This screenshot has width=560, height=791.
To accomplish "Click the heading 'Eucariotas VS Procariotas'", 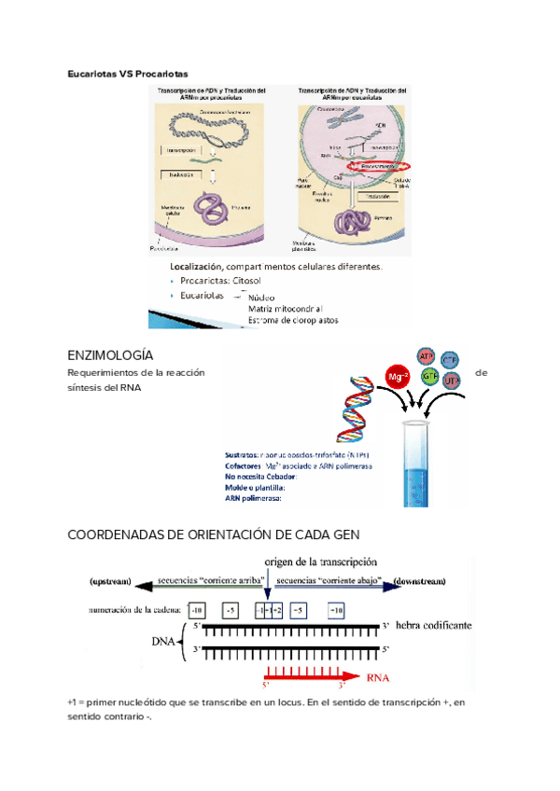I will (128, 72).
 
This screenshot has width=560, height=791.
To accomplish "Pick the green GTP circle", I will (430, 377).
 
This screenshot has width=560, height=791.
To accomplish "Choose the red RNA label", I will (378, 678).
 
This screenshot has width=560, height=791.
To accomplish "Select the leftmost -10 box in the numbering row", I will (196, 611).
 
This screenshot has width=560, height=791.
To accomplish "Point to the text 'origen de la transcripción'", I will (320, 562).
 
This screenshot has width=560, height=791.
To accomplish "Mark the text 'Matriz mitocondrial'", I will (285, 308).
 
